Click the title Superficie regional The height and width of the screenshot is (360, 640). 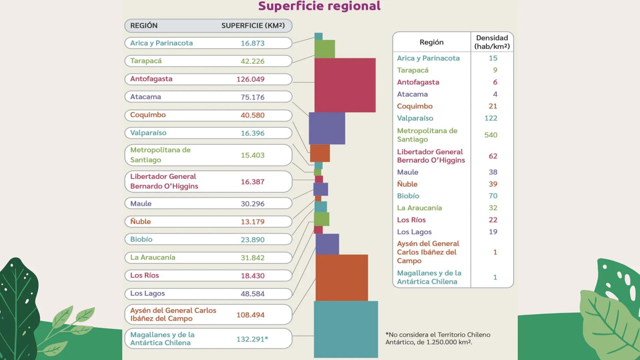[x=319, y=6]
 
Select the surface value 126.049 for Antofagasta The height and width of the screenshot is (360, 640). [x=250, y=79]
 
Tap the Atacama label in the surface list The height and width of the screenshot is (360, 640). [x=146, y=97]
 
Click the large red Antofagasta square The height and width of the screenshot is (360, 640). [x=345, y=85]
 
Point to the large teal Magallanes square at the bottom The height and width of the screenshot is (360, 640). [x=346, y=329]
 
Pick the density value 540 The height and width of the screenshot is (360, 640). [x=491, y=135]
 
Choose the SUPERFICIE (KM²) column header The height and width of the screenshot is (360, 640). [x=253, y=26]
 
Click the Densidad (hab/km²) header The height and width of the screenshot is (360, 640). [x=492, y=42]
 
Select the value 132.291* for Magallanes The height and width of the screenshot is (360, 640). [x=252, y=339]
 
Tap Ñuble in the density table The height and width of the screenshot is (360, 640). [x=407, y=184]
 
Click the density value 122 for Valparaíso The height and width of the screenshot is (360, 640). [x=491, y=118]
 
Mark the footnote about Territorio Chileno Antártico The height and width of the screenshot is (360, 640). [x=438, y=338]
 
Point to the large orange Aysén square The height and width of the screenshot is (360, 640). [x=342, y=278]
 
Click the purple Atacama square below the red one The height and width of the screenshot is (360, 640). [x=327, y=128]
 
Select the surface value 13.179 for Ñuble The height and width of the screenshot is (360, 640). [x=252, y=222]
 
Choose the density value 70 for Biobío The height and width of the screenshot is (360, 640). [x=493, y=196]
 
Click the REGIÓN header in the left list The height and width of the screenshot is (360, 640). [x=144, y=26]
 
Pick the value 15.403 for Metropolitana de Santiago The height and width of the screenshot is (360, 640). [x=252, y=155]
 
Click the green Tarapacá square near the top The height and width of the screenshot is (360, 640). [x=324, y=49]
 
